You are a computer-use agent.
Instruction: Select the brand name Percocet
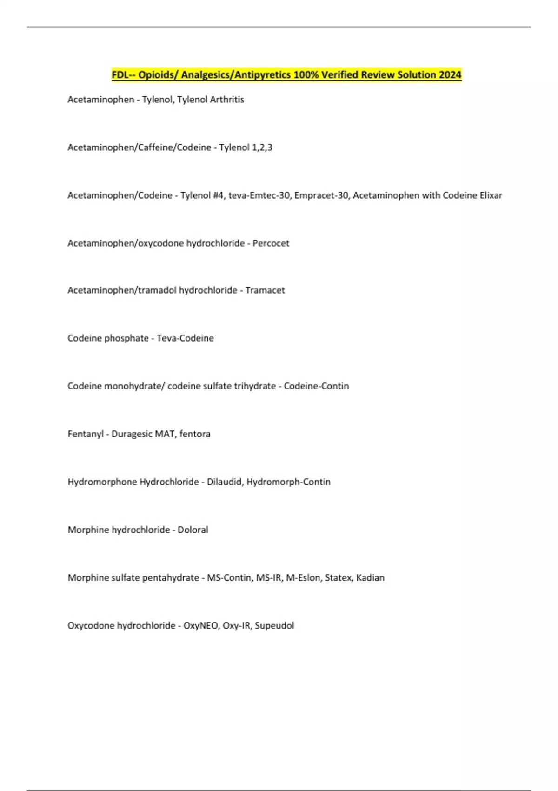[x=271, y=243]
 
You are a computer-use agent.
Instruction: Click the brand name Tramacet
[x=265, y=290]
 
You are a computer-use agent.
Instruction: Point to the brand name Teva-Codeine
[x=185, y=338]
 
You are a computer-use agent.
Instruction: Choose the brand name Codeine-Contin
[x=316, y=386]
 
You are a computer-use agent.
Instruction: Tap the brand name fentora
[x=195, y=434]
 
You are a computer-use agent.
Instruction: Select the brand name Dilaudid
[x=224, y=482]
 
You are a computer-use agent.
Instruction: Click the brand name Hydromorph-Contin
[x=288, y=482]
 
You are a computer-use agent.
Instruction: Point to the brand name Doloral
[x=193, y=530]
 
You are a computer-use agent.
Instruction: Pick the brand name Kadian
[x=370, y=578]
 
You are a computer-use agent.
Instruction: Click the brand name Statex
[x=338, y=578]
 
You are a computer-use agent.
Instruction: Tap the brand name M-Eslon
[x=303, y=578]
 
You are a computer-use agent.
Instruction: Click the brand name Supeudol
[x=274, y=626]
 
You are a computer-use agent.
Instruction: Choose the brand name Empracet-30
[x=321, y=195]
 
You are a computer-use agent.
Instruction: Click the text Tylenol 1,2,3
[x=246, y=147]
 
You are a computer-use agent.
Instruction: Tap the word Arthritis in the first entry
[x=226, y=100]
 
